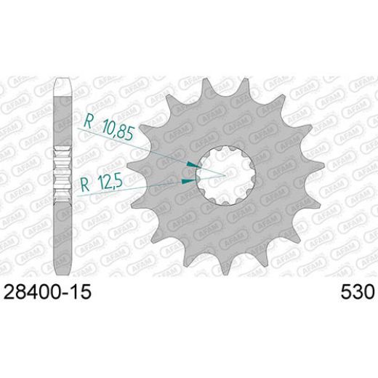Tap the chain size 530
coord(357,293)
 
